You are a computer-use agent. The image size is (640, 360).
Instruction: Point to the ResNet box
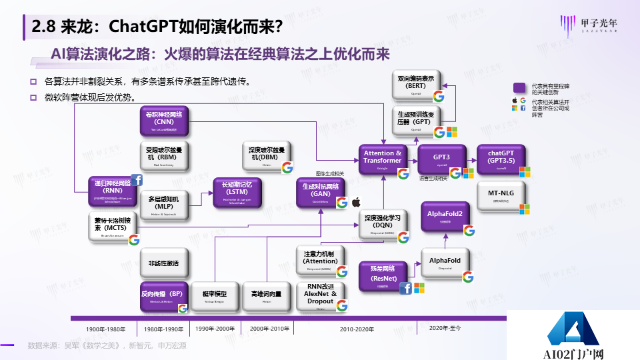383,274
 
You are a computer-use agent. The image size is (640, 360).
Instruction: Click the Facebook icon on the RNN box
137,180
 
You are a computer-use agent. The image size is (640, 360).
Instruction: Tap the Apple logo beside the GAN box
357,201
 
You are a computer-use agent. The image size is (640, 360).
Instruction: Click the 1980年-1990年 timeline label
163,329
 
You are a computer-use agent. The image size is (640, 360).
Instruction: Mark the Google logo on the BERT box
439,96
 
